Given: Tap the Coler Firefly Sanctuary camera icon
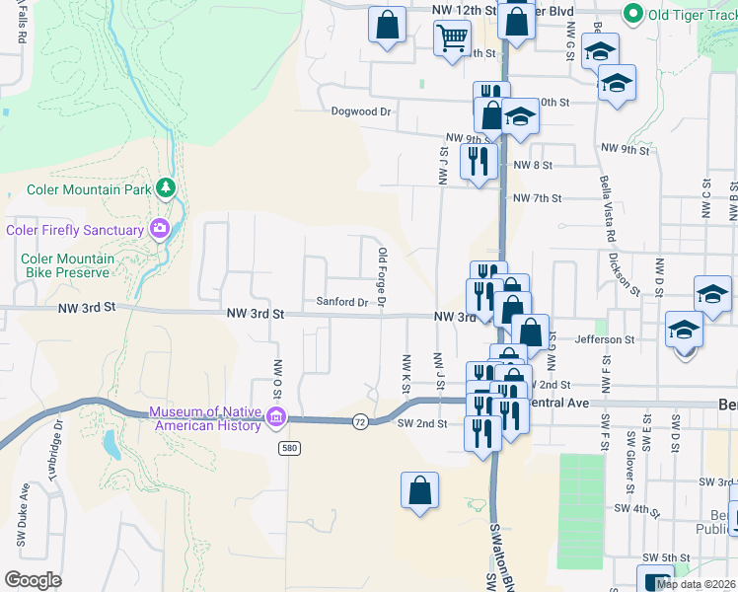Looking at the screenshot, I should [159, 230].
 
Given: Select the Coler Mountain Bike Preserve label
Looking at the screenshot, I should [68, 265].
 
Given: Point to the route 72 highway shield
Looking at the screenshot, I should [361, 421].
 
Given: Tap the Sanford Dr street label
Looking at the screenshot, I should [341, 302].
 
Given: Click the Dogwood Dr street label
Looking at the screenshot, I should [362, 112].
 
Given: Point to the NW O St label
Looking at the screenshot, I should [278, 375].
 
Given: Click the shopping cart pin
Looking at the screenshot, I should [452, 37].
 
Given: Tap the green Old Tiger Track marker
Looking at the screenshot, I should [632, 14].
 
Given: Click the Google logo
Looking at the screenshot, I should [33, 580].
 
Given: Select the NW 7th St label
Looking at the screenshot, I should [537, 198].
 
